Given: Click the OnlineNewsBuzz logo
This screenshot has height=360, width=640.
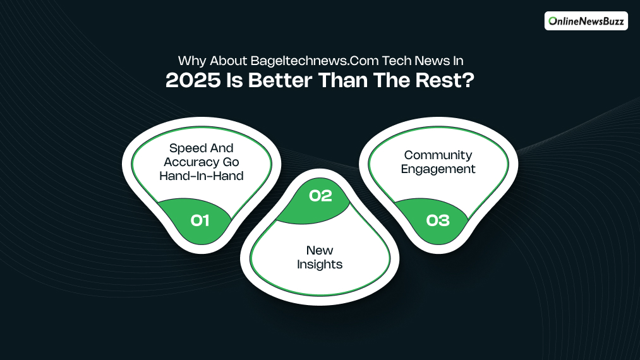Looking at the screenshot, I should click(586, 21).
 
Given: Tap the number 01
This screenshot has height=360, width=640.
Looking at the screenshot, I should click(200, 220).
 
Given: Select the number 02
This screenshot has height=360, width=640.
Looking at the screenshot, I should click(320, 196).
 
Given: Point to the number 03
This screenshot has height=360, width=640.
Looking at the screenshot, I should click(438, 220).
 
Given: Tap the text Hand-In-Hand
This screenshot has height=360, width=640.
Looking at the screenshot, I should click(201, 176).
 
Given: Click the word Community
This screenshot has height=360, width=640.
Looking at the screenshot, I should click(438, 155).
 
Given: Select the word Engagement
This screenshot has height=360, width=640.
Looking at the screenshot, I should click(438, 169).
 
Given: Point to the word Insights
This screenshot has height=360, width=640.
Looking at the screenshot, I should click(320, 265).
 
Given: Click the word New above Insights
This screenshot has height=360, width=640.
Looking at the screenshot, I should click(320, 251).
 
